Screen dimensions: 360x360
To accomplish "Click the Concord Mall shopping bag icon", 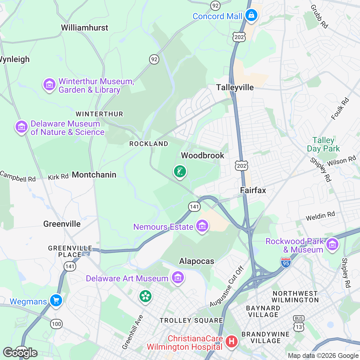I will point(251,15).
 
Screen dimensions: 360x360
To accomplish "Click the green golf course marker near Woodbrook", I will point(180,172).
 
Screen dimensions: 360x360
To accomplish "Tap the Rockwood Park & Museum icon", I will point(332,244).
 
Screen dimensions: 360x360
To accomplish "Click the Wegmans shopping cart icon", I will point(56,300).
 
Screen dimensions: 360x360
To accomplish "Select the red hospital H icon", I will point(231,341).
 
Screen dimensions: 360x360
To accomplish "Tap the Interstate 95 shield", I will point(286,262).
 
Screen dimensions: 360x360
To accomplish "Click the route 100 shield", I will point(56,324).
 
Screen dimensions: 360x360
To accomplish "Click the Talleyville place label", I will point(235,88).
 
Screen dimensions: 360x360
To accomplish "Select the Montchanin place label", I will point(94,175).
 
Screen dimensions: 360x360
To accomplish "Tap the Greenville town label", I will point(62,224).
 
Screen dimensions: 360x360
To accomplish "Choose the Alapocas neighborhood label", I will point(196,261).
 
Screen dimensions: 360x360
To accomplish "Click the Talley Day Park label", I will point(323,144).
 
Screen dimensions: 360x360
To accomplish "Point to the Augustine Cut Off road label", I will point(227,287).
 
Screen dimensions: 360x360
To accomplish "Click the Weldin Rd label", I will point(320,216).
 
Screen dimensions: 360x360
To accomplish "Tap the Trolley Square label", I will point(191,320).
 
